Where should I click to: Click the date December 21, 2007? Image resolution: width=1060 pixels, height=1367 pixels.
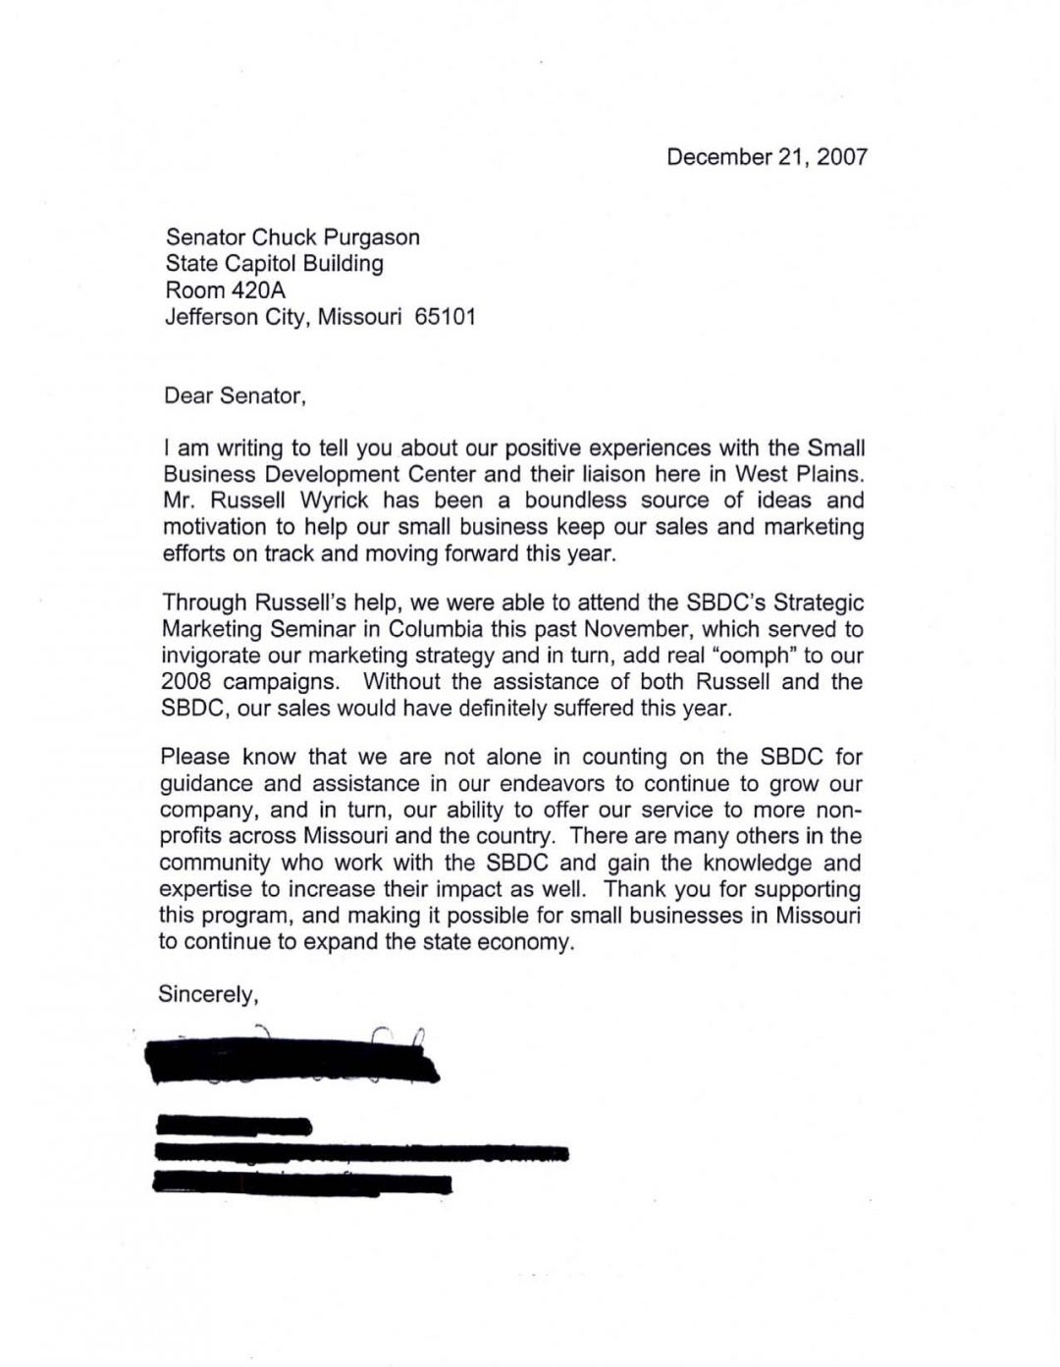tap(767, 157)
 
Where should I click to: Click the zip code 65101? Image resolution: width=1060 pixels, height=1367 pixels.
tap(446, 317)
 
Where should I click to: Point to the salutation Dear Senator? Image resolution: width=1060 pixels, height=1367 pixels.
tap(235, 396)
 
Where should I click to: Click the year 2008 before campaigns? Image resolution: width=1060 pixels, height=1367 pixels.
tap(185, 682)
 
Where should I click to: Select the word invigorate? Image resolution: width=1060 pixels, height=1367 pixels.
tap(209, 656)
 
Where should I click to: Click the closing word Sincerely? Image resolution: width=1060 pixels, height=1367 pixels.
tap(208, 994)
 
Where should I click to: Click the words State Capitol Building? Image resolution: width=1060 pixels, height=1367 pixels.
tap(274, 264)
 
